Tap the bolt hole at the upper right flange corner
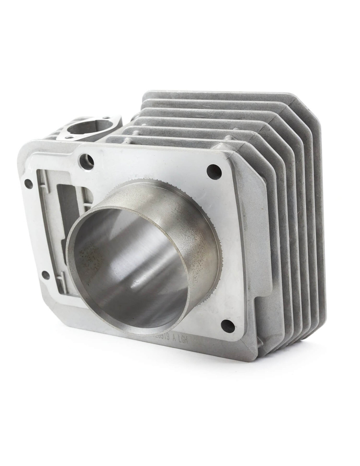[214, 172]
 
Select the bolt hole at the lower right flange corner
[227, 326]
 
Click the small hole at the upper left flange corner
[28, 184]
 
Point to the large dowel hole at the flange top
[87, 161]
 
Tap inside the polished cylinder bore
[129, 268]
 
